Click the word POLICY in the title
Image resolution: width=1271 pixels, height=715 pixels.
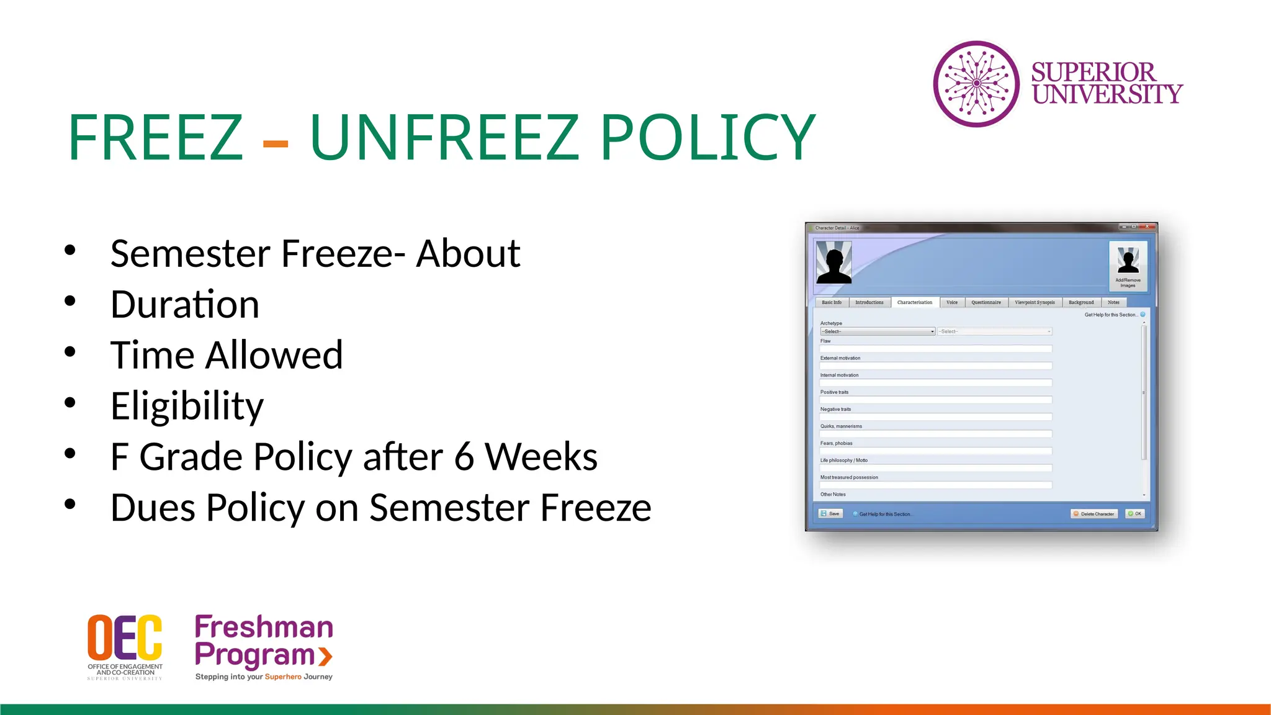point(707,137)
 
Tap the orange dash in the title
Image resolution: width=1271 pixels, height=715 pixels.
point(275,144)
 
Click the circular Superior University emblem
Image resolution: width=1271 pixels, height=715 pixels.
point(976,84)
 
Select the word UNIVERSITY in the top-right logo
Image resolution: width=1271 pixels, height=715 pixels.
point(1107,94)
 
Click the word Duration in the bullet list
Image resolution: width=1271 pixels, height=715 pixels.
point(184,305)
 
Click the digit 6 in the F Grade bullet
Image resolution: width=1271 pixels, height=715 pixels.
point(464,457)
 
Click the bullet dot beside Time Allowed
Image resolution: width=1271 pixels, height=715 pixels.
point(70,352)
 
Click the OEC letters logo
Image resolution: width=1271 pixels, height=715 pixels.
point(125,637)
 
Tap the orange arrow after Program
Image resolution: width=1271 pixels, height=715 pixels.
point(326,656)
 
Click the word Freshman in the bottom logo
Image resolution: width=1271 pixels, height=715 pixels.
point(264,627)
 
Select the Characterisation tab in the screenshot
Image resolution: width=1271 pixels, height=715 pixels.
point(914,302)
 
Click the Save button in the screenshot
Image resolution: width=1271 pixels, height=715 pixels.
point(830,514)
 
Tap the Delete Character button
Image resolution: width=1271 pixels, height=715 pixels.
point(1094,514)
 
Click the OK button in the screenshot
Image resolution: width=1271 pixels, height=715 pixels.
point(1135,514)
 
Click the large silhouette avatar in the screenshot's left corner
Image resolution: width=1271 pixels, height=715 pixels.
point(833,263)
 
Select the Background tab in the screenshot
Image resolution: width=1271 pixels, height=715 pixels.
point(1081,302)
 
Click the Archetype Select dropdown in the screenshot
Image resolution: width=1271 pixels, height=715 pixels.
point(878,331)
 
